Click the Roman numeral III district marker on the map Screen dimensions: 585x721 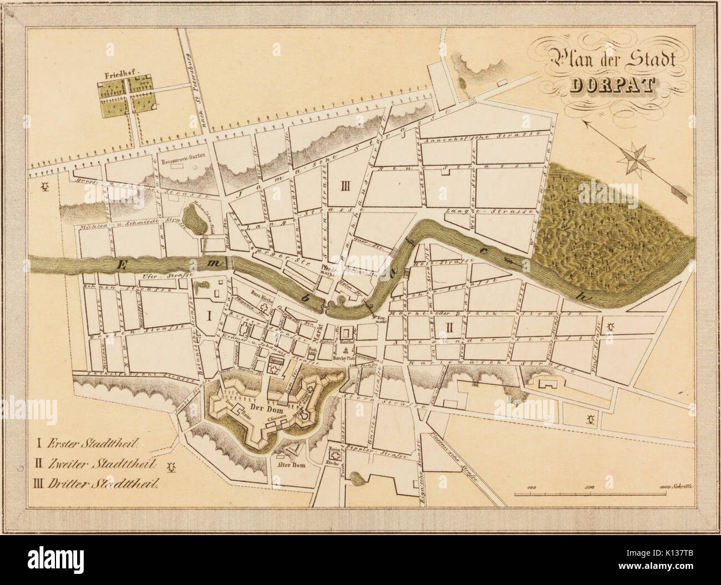[x=344, y=186]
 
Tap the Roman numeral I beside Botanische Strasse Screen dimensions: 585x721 [x=209, y=316]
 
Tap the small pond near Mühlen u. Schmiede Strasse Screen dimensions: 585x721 [x=194, y=222]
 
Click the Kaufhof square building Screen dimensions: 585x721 [x=347, y=335]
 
